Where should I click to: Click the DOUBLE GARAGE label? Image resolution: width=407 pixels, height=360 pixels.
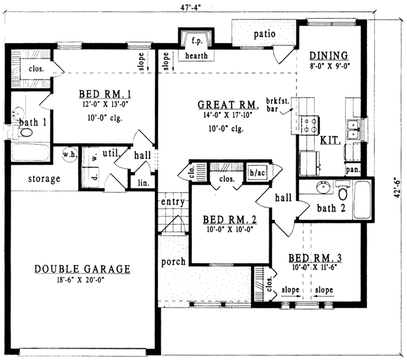click(83, 269)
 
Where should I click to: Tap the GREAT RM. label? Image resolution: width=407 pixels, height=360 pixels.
click(228, 105)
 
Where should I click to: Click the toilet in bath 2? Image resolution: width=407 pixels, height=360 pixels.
click(344, 193)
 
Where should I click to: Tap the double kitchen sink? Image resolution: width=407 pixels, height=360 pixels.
click(354, 130)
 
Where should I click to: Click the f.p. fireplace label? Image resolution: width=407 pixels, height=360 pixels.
click(196, 41)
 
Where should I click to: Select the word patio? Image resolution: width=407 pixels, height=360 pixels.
click(264, 34)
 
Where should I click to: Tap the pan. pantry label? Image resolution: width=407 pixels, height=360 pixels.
click(354, 168)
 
